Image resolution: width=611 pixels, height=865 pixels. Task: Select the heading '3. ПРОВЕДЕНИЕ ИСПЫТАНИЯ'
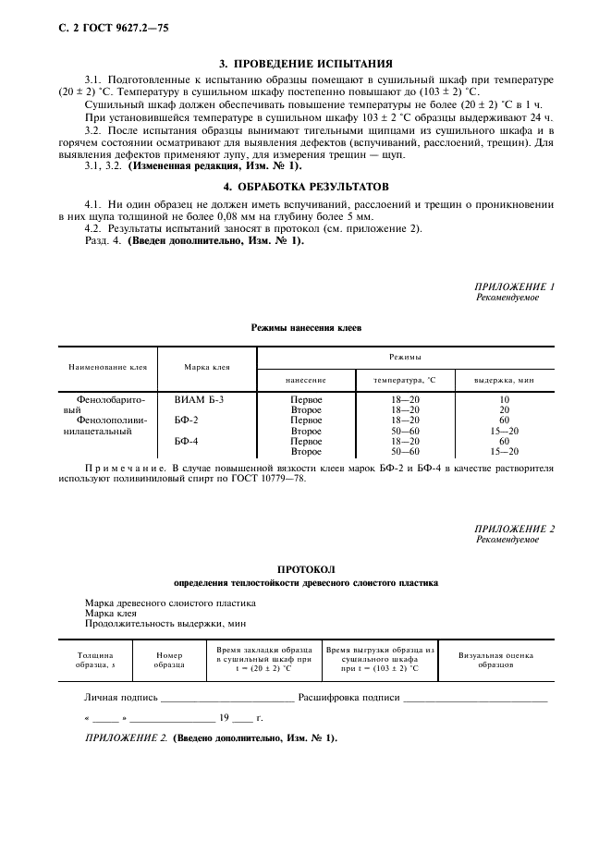click(304, 64)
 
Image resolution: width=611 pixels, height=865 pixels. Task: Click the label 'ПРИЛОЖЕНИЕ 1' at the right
click(514, 287)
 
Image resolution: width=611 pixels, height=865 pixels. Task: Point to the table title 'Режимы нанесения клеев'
click(307, 328)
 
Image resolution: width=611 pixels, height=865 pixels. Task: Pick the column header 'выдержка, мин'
click(504, 380)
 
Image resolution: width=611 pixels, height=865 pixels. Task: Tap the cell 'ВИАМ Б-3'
click(199, 399)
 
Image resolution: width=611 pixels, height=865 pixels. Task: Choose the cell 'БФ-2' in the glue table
click(187, 420)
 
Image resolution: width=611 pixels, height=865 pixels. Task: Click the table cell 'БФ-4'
click(187, 442)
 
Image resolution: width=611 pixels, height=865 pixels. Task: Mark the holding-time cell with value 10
click(504, 399)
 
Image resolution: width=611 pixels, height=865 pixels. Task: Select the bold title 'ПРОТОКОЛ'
click(306, 570)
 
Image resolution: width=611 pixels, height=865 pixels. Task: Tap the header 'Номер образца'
click(169, 660)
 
